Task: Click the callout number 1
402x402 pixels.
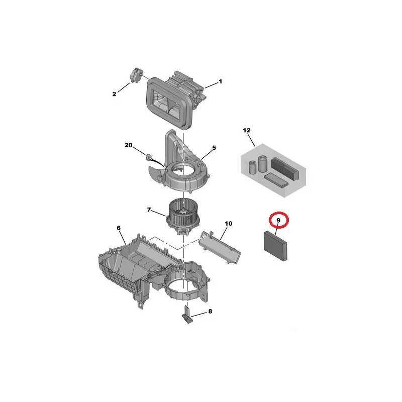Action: click(x=220, y=81)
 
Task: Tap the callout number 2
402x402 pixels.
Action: click(x=115, y=94)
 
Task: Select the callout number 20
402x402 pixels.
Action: click(x=129, y=145)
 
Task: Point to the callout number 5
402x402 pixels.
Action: click(x=214, y=148)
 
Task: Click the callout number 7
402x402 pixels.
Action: click(x=149, y=210)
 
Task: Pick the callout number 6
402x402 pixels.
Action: click(x=119, y=228)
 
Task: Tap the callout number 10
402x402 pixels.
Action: click(x=229, y=224)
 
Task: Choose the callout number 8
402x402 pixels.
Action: click(x=210, y=311)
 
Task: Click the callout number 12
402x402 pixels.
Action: click(x=247, y=130)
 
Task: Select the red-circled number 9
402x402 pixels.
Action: click(x=278, y=220)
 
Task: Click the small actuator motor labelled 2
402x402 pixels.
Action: click(x=136, y=74)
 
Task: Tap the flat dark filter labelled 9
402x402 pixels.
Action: click(x=275, y=246)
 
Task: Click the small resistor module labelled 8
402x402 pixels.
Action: click(x=187, y=315)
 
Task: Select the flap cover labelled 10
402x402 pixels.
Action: click(x=220, y=247)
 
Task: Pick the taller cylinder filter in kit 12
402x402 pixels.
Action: click(x=263, y=164)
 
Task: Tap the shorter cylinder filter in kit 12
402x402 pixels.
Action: click(x=253, y=167)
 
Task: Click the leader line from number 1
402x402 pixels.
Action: click(x=211, y=85)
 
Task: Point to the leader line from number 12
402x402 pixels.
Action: click(x=252, y=140)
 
